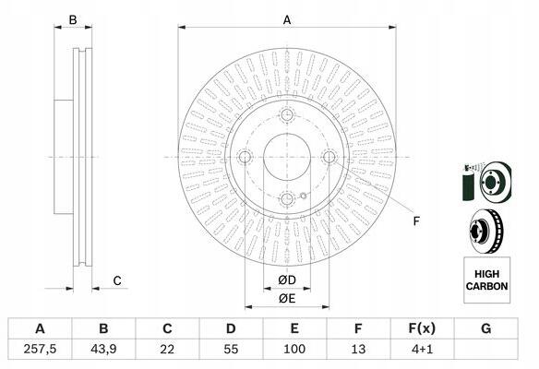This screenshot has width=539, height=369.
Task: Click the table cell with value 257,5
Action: pos(40,349)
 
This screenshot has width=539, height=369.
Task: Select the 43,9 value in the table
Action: pos(103,349)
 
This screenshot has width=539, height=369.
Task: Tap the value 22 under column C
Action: pos(167,349)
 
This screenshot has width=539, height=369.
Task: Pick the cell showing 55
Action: pos(231,349)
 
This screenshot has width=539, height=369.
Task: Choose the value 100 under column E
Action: pos(294,349)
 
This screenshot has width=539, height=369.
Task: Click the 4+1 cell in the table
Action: pos(423,349)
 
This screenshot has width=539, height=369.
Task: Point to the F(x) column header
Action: pos(422,328)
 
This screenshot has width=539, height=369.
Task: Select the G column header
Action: pos(486,328)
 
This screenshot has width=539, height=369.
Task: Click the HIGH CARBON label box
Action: pos(486,280)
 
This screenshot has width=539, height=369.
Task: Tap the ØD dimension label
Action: pos(287,280)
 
